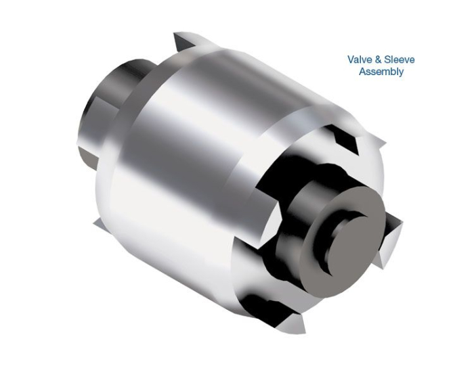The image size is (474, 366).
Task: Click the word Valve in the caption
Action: (360, 60)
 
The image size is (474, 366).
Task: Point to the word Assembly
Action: (381, 72)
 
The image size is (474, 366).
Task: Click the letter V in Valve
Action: (351, 60)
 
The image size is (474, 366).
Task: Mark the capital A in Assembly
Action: (362, 72)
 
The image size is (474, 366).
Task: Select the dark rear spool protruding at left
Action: (108, 108)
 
